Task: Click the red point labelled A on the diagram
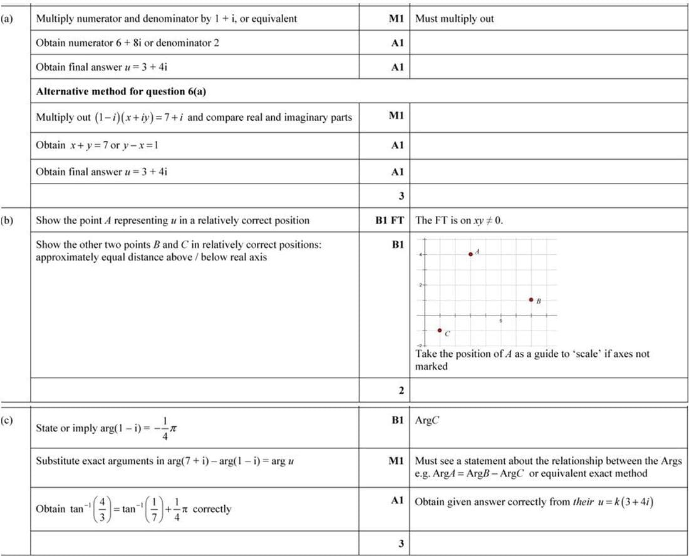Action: pyautogui.click(x=470, y=254)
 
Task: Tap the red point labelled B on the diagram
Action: pyautogui.click(x=531, y=300)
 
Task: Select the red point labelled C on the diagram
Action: pyautogui.click(x=440, y=330)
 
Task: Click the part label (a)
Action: pyautogui.click(x=8, y=18)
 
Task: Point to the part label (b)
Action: pyautogui.click(x=8, y=220)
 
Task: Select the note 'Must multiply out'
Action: pyautogui.click(x=454, y=18)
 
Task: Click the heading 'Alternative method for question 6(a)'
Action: pyautogui.click(x=122, y=91)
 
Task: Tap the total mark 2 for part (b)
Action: pyautogui.click(x=401, y=391)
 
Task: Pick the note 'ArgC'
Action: pyautogui.click(x=427, y=421)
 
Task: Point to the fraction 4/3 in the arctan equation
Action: pyautogui.click(x=103, y=509)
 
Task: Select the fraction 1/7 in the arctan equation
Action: pyautogui.click(x=152, y=509)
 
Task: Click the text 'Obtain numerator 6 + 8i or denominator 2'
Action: pyautogui.click(x=128, y=43)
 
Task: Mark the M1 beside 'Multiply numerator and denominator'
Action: pyautogui.click(x=396, y=18)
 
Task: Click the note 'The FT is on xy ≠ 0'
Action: pyautogui.click(x=459, y=220)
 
